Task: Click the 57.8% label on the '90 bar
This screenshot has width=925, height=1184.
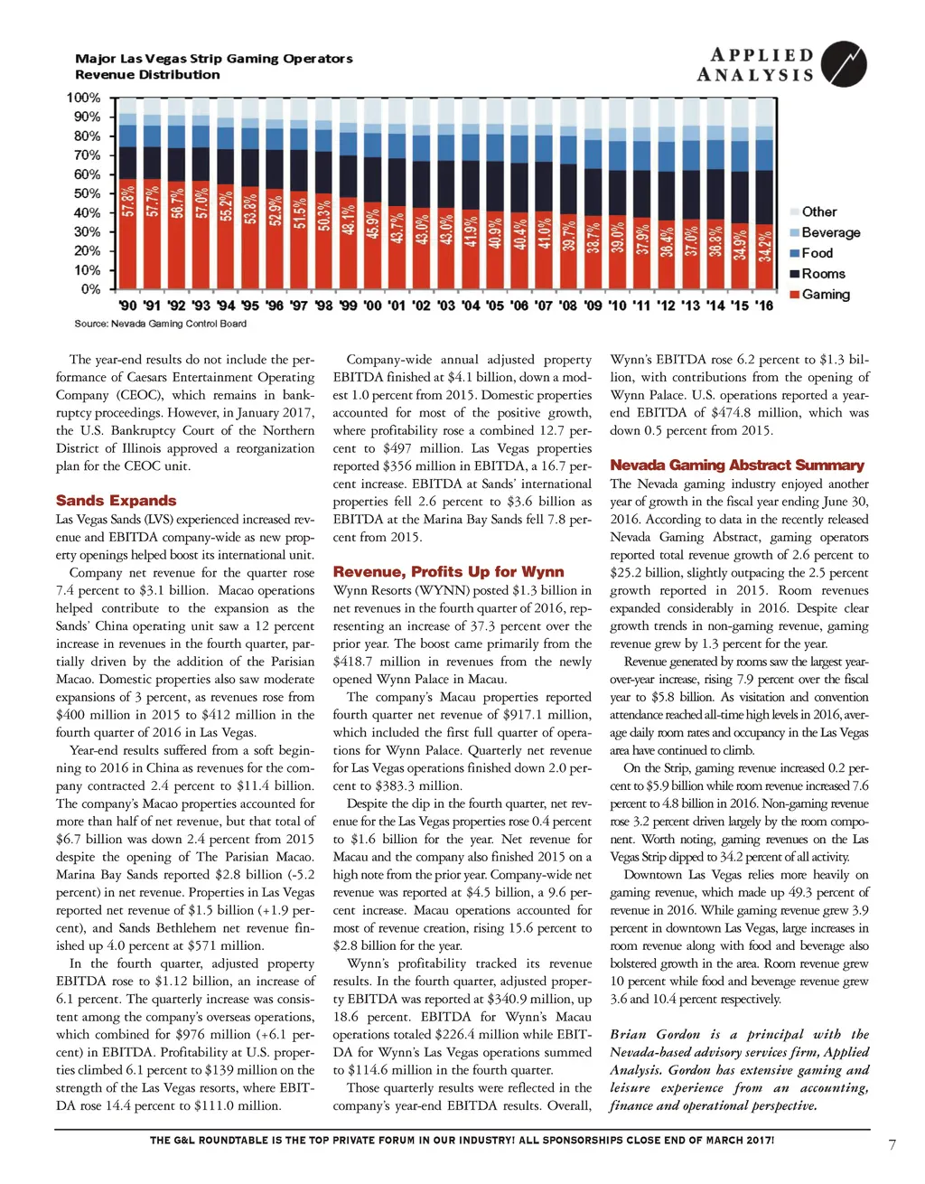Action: (x=128, y=201)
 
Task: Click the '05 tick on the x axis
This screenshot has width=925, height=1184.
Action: (x=495, y=305)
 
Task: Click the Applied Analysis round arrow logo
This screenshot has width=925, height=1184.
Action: (x=844, y=64)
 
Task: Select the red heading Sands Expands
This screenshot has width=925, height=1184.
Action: (x=116, y=501)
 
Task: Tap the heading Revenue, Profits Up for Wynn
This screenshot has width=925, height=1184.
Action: (x=448, y=572)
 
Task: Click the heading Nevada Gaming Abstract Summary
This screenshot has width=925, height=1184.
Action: (x=737, y=465)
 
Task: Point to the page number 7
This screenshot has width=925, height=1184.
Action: (x=892, y=1145)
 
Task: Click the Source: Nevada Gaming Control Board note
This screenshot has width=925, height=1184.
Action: (x=160, y=324)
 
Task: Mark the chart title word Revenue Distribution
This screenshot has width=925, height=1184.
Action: (x=147, y=75)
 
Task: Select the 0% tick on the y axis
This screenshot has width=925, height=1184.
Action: (x=90, y=289)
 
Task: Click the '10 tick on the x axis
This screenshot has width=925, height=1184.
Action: (x=617, y=305)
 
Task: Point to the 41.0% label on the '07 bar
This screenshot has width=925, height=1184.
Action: (x=544, y=231)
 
